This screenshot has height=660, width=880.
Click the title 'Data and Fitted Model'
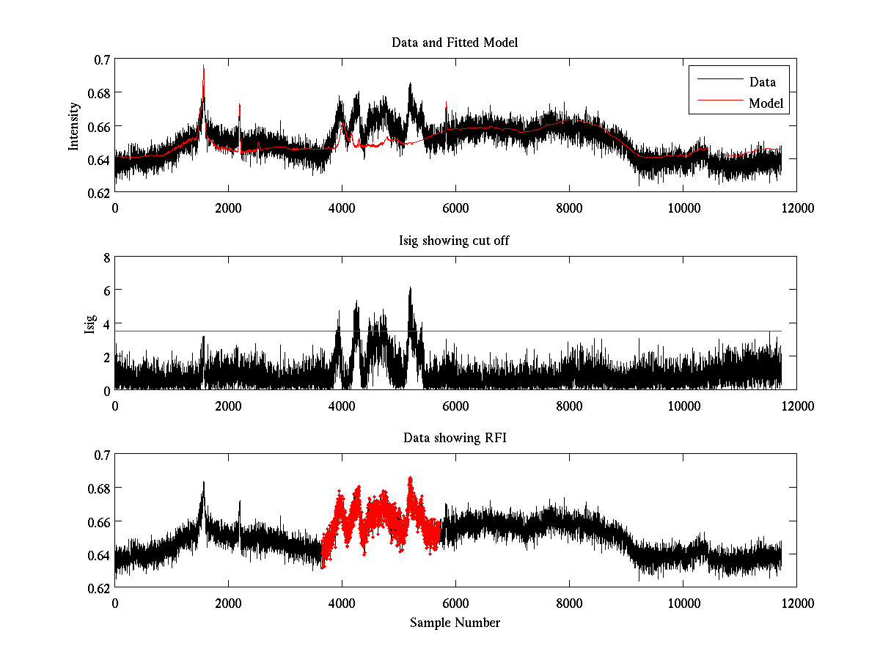(455, 43)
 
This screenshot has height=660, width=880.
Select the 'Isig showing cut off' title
(455, 241)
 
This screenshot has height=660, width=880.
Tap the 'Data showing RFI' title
(455, 438)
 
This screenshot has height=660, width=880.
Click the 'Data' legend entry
(762, 82)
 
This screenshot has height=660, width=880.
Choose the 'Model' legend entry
(766, 103)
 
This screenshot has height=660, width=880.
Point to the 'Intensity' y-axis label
(74, 126)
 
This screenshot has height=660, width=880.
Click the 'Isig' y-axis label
(90, 324)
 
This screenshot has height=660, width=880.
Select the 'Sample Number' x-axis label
(455, 623)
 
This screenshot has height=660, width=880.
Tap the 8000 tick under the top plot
(569, 208)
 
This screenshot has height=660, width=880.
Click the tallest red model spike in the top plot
(203, 66)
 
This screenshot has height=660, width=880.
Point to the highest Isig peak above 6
(411, 287)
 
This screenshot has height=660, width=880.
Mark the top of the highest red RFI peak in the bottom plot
(410, 477)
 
